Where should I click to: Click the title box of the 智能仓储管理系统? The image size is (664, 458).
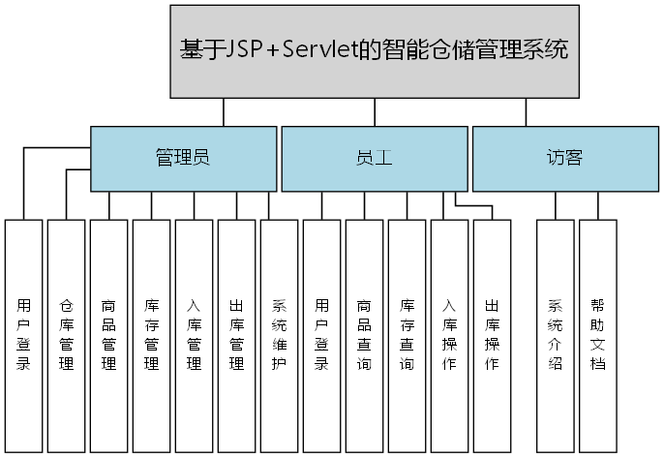[375, 50]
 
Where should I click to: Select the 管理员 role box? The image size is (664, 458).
[183, 158]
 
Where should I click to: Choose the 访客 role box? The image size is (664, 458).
[564, 158]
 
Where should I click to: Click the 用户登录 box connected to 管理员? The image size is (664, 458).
[24, 335]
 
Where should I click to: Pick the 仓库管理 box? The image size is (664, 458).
[67, 335]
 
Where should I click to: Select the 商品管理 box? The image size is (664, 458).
[109, 335]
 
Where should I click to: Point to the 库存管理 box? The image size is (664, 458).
[152, 335]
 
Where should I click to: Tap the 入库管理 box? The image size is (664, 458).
[195, 335]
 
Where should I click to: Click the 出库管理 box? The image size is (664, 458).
[237, 335]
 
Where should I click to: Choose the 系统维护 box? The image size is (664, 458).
[280, 335]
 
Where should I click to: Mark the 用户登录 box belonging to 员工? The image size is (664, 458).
[322, 335]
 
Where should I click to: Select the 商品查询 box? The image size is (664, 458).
[365, 335]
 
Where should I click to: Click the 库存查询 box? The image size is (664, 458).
[407, 335]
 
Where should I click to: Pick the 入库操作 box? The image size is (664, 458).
[450, 335]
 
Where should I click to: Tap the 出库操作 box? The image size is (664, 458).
[493, 335]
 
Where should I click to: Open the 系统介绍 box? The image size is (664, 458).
[556, 335]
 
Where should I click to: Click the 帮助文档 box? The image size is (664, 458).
[598, 335]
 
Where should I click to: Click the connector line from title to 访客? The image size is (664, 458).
[528, 112]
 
